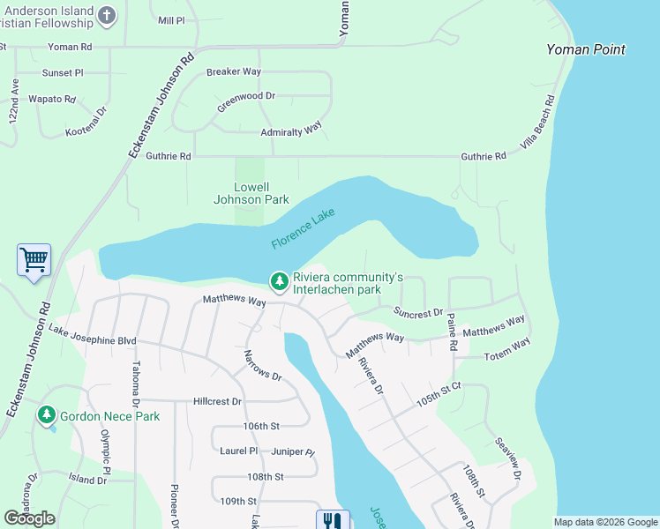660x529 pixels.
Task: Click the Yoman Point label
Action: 586,49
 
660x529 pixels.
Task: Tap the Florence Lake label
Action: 304,228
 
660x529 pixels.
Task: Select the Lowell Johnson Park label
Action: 251,193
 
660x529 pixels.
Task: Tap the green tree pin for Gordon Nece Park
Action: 47,414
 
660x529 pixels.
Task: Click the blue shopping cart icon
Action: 34,260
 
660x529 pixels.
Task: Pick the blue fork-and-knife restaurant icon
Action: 332,521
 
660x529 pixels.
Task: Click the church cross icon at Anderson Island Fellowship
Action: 107,15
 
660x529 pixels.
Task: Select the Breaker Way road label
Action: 236,72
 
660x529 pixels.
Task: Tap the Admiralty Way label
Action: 290,131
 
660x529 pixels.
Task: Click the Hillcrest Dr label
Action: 217,401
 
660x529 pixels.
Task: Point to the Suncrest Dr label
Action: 418,313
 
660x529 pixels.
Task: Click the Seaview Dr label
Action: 508,458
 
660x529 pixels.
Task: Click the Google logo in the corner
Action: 30,518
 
